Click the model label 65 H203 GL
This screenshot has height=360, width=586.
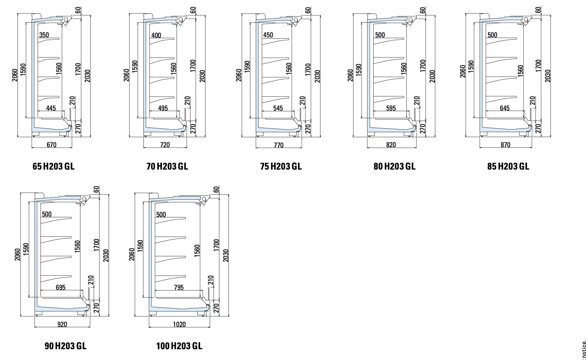coord(53,166)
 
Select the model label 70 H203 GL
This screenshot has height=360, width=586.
coord(167,166)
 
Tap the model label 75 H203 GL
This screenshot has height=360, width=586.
coord(281,166)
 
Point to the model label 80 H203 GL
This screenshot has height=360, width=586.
coord(394,166)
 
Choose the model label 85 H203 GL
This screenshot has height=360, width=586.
coord(508,166)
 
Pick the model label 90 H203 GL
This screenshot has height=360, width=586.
coord(66,346)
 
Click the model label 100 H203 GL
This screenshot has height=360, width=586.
coord(179,346)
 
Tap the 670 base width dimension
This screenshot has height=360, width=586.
coord(51,145)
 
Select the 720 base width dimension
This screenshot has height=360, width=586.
coord(165,145)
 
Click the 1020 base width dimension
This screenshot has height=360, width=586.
coord(179,324)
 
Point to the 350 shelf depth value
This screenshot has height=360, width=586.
coord(44,35)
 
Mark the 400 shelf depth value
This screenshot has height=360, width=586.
coord(156,35)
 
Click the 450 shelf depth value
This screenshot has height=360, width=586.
coord(268,35)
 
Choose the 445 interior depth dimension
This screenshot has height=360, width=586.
coord(51,108)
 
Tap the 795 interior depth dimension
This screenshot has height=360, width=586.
coord(178,287)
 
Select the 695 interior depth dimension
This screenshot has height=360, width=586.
coord(61,287)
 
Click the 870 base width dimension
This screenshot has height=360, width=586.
coord(505,145)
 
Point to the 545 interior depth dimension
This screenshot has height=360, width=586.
coord(278,108)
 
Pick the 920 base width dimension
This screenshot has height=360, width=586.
coord(62,324)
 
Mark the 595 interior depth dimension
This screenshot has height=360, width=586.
coord(391,108)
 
